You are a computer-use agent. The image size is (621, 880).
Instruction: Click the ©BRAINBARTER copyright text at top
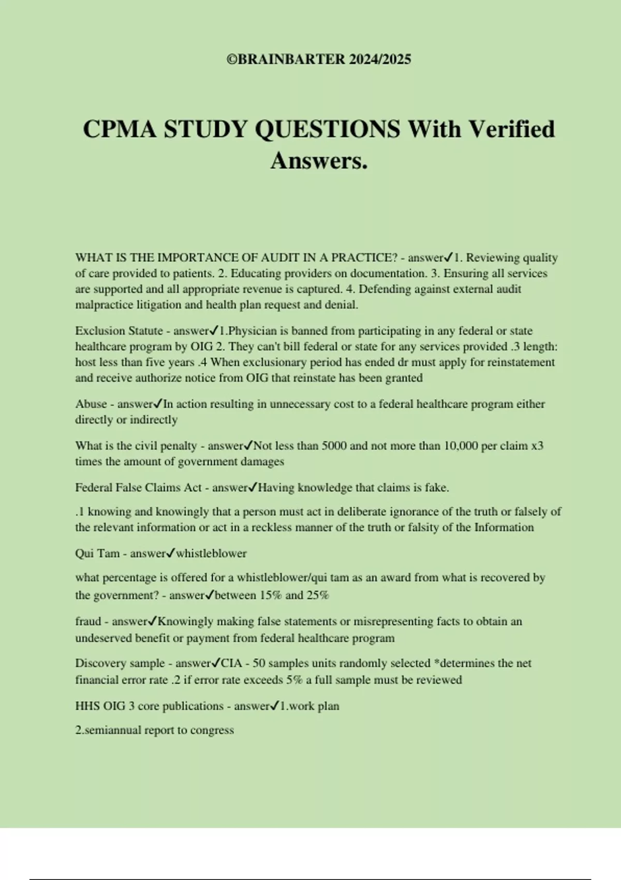pos(319,60)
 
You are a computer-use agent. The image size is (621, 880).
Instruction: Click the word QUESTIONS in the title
pos(328,129)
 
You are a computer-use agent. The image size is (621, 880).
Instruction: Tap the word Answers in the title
pos(319,160)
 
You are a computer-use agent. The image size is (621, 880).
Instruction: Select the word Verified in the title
pos(511,129)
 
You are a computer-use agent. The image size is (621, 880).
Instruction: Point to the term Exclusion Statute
pos(119,331)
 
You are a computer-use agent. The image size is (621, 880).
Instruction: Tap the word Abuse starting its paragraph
pos(91,404)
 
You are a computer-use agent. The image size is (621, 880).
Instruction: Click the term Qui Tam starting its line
pos(97,553)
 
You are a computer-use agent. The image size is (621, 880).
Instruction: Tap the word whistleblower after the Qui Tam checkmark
pos(211,553)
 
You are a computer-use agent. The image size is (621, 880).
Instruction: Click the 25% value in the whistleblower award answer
pos(318,595)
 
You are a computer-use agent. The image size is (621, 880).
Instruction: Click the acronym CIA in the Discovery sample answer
pos(231,663)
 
